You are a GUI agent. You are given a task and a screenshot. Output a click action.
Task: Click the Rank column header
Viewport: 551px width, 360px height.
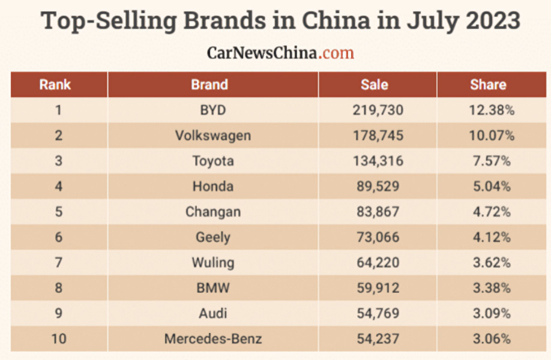55,85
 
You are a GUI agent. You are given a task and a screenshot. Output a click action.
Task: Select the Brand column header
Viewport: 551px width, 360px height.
209,85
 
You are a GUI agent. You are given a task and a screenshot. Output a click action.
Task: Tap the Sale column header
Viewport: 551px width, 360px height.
375,85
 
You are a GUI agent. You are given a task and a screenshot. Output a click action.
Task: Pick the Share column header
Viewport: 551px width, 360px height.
488,85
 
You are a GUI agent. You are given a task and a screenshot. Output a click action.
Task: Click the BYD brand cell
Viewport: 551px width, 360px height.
212,110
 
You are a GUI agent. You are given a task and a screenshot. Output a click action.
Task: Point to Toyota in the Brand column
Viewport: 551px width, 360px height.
213,161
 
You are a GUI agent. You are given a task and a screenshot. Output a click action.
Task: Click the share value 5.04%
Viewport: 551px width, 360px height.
490,187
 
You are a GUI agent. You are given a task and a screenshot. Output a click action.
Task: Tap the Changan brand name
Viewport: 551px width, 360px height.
213,212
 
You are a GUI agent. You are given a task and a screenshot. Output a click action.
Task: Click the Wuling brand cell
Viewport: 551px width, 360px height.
213,263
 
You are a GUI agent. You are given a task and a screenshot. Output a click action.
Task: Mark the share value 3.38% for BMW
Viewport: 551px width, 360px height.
490,288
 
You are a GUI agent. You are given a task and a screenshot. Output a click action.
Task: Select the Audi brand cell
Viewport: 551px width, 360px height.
213,313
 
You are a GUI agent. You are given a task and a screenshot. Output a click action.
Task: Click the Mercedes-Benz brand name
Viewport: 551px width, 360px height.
213,339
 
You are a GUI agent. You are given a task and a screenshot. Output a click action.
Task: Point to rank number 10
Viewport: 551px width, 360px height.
59,339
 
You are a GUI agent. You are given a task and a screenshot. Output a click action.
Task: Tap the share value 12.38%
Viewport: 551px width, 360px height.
492,110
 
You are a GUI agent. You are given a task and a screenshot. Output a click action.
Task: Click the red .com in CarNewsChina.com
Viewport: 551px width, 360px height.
337,53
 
